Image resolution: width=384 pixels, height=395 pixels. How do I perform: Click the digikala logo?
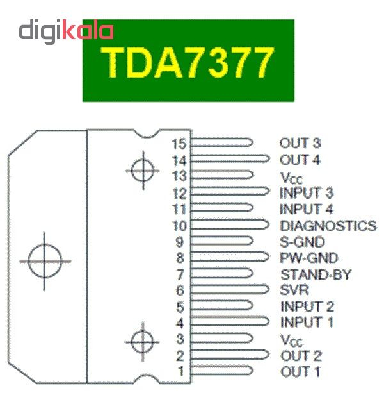click(66, 30)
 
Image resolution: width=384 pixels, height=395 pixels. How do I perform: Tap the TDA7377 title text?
click(188, 60)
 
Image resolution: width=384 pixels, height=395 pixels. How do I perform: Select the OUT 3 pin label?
click(300, 144)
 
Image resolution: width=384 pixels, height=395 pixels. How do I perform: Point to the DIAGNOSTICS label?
click(328, 226)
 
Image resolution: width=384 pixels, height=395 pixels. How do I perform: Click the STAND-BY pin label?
click(316, 275)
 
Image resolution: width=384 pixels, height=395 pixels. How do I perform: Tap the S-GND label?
click(302, 242)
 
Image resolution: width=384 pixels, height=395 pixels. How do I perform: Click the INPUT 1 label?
click(307, 323)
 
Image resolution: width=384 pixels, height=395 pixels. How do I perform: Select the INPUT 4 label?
click(307, 209)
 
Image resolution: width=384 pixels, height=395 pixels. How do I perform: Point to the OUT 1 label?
click(300, 372)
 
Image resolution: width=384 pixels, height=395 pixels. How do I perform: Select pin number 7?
click(180, 274)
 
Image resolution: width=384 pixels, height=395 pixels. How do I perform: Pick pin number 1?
click(180, 371)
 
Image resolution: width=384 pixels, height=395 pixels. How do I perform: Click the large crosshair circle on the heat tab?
click(44, 261)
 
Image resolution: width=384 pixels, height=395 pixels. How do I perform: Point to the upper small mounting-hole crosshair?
click(141, 171)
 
